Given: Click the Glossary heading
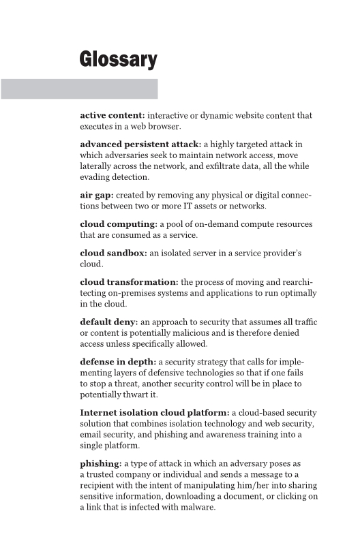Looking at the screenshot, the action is [x=118, y=59].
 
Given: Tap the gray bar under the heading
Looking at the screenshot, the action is [x=78, y=89].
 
